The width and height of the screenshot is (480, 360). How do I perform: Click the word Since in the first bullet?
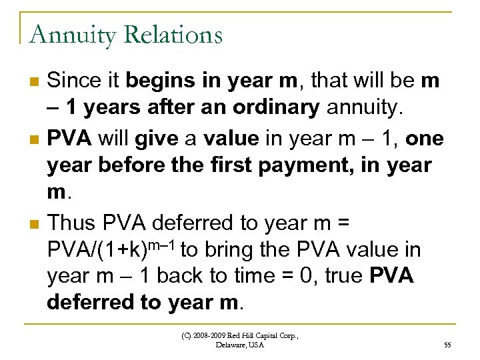click(x=76, y=81)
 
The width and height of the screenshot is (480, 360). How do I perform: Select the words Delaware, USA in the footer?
click(x=240, y=345)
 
